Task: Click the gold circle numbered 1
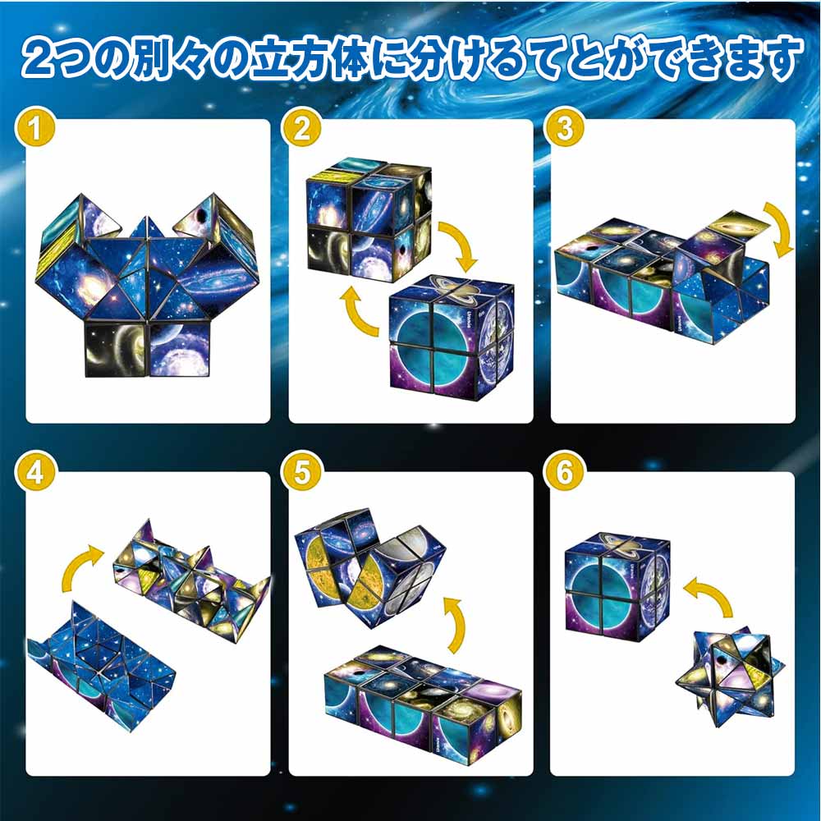pyautogui.click(x=35, y=128)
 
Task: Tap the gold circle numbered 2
pyautogui.click(x=301, y=128)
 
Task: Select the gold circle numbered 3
pyautogui.click(x=565, y=128)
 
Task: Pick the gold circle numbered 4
pyautogui.click(x=35, y=472)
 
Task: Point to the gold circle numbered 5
pyautogui.click(x=301, y=472)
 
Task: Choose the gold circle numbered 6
pyautogui.click(x=565, y=472)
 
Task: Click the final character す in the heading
pyautogui.click(x=779, y=58)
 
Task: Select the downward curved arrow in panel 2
pyautogui.click(x=461, y=242)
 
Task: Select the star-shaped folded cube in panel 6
pyautogui.click(x=731, y=675)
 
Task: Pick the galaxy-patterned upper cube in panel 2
pyautogui.click(x=369, y=218)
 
